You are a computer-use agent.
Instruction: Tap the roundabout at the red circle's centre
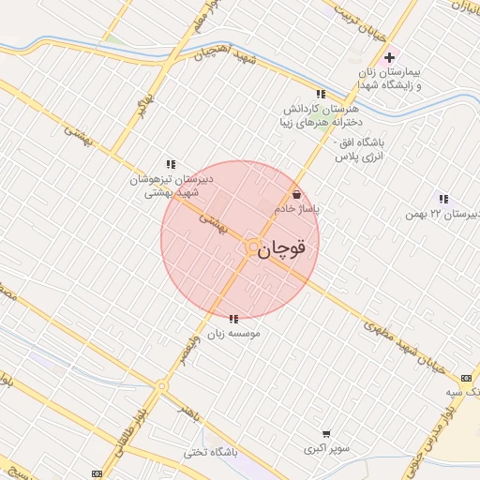(x=252, y=247)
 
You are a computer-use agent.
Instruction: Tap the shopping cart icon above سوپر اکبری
(x=326, y=434)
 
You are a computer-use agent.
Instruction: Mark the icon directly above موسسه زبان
(x=232, y=319)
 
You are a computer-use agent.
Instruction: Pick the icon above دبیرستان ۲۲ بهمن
(x=442, y=199)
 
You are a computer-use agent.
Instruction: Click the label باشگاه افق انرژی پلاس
(x=361, y=153)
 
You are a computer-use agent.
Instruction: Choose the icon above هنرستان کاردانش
(x=321, y=94)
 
